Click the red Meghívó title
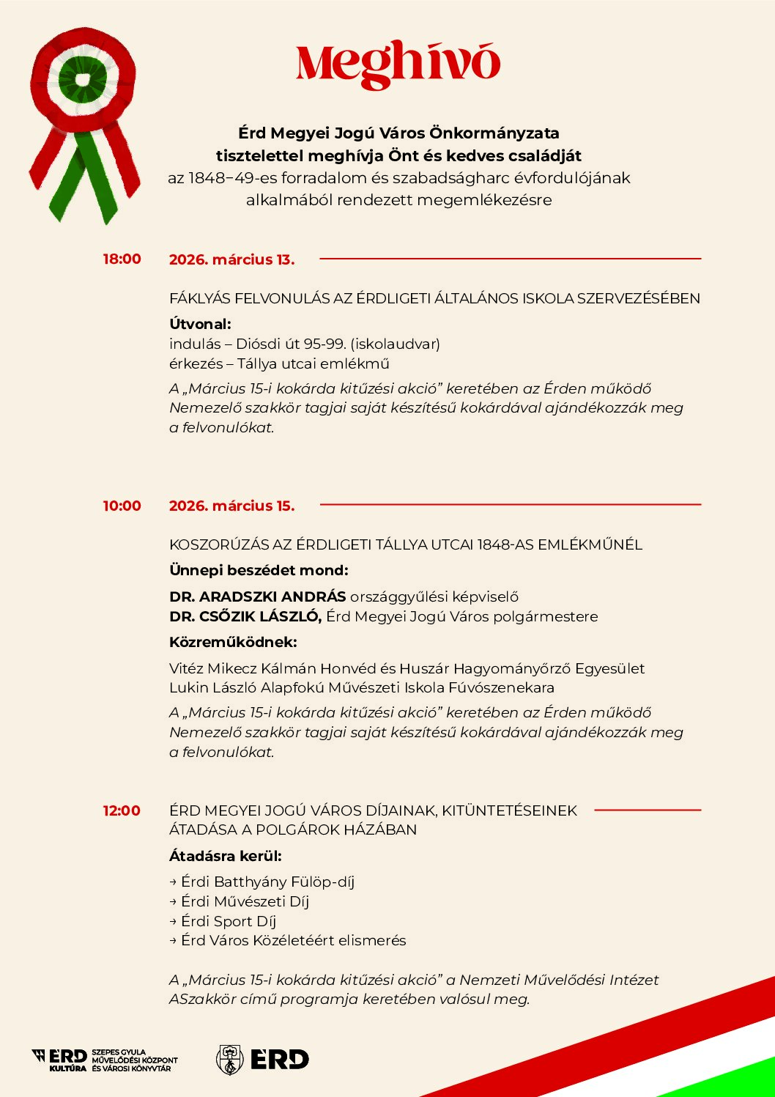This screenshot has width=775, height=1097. [398, 64]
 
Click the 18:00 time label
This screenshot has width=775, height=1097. [122, 259]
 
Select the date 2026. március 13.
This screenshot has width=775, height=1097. [231, 259]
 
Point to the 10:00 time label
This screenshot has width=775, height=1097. [122, 506]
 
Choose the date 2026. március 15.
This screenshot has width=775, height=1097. [231, 506]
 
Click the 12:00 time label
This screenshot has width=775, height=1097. [122, 810]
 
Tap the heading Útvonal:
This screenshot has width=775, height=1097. [200, 324]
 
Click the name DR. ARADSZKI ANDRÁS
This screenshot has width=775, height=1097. [257, 596]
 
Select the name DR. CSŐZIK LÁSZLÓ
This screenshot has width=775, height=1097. [245, 616]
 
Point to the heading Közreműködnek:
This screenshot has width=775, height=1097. [233, 642]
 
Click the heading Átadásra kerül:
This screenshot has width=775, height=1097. [225, 856]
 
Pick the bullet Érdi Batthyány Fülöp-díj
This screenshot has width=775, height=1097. [267, 882]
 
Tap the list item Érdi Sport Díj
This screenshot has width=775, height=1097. [228, 921]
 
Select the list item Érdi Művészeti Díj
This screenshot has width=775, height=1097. [245, 901]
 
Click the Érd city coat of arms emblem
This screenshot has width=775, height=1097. [229, 1060]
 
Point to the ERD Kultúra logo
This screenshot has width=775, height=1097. [60, 1060]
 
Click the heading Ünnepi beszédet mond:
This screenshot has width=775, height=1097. [259, 570]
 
